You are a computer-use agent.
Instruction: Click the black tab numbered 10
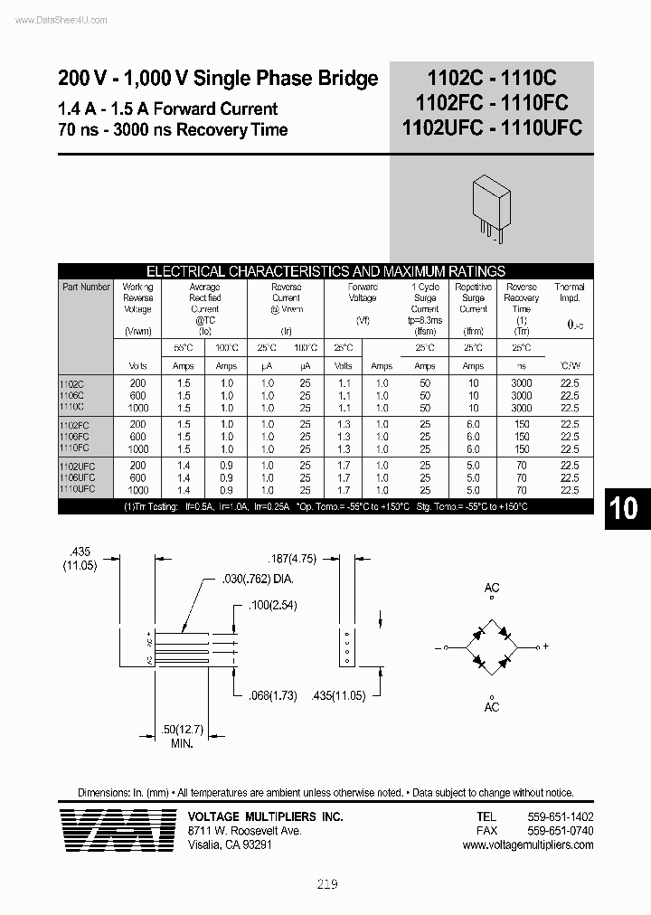(x=623, y=508)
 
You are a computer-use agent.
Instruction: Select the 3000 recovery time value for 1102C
(x=522, y=383)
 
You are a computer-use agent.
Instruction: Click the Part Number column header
(x=87, y=287)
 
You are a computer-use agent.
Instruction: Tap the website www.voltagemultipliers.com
(x=527, y=844)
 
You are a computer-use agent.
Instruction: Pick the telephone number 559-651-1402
(x=560, y=816)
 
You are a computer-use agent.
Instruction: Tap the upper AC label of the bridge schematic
(x=492, y=588)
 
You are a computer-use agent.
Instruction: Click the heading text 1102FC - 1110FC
(x=492, y=103)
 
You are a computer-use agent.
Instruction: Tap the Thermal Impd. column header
(x=570, y=292)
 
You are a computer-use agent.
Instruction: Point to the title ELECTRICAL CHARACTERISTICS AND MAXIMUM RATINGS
(x=325, y=271)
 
